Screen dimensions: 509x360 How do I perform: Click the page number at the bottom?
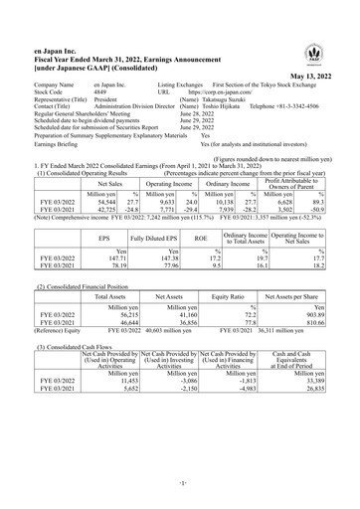(x=180, y=492)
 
